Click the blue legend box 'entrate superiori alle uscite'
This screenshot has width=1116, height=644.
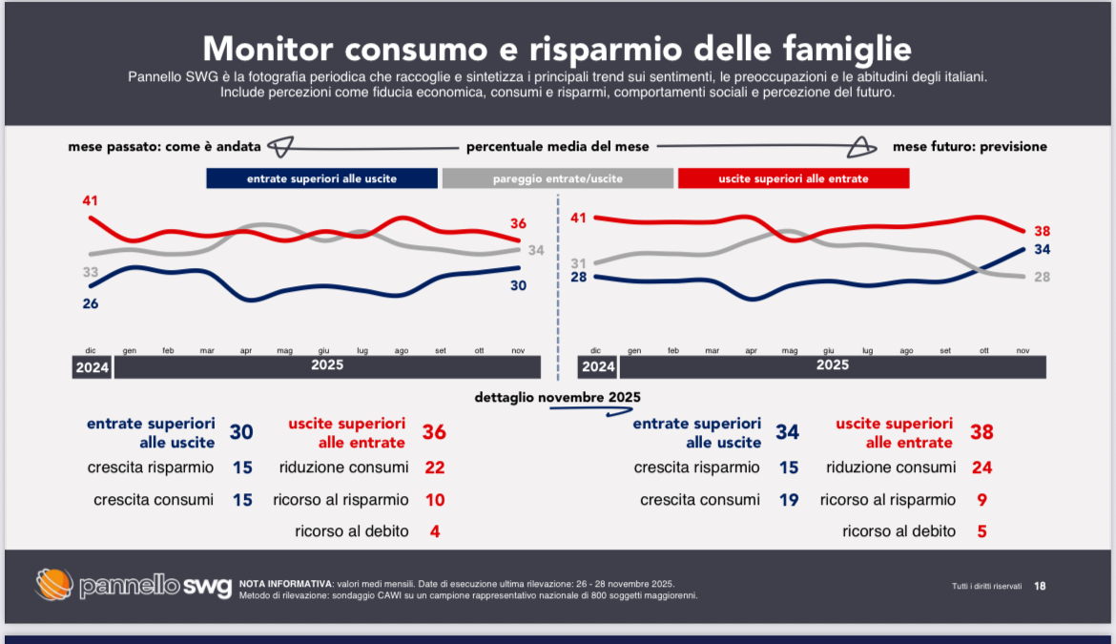coord(322,178)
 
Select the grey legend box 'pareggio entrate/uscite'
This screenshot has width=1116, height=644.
coord(558,178)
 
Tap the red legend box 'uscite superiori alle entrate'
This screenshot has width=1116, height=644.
coord(794,178)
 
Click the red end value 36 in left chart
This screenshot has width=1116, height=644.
coord(518,224)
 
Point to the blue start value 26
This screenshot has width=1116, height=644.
coord(90,303)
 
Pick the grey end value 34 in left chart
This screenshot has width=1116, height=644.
coord(536,250)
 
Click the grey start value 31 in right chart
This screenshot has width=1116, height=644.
coord(578,263)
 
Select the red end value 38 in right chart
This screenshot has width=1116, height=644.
coord(1043,231)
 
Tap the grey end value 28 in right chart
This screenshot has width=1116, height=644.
coord(1043,277)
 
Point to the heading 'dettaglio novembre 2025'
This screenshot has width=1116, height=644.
coord(558,397)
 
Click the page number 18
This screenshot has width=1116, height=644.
coord(1040,586)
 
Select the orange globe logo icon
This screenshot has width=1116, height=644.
coord(54,584)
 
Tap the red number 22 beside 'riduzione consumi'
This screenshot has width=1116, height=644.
coord(435,467)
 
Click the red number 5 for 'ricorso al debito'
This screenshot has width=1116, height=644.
coord(982,532)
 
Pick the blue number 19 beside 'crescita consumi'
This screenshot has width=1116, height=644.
coord(788,500)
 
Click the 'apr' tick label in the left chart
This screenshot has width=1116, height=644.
coord(246,351)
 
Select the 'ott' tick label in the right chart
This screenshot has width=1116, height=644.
coord(984,351)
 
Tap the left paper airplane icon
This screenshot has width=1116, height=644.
coord(279,147)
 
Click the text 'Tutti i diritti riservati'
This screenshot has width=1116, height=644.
coord(987,586)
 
